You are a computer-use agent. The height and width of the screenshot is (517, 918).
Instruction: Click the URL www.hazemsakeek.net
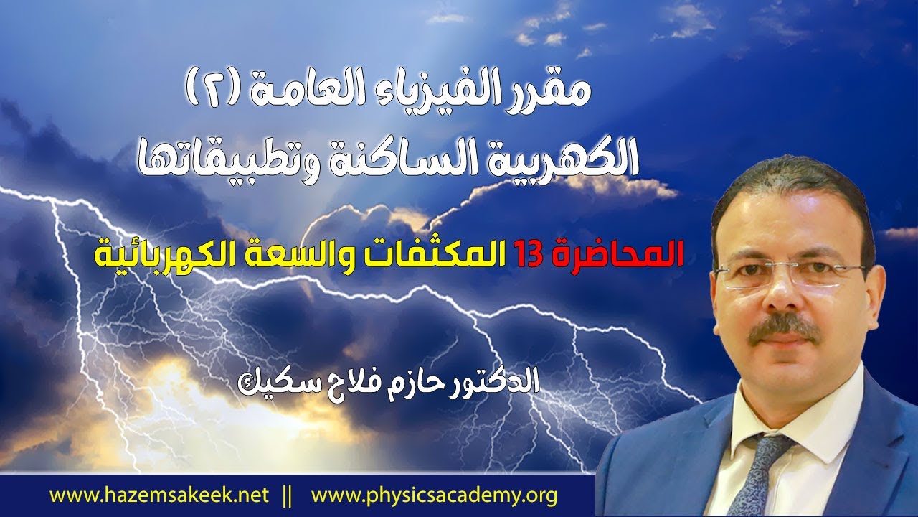point(159,495)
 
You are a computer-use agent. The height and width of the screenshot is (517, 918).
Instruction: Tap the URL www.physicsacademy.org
point(435,495)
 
